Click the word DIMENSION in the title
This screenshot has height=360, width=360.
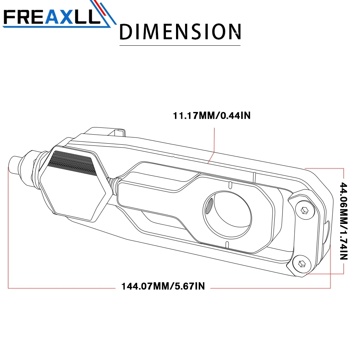(x=180, y=32)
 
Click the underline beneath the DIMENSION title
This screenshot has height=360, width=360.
(x=180, y=45)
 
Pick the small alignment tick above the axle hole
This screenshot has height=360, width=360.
(x=229, y=185)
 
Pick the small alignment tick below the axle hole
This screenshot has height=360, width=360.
(x=226, y=245)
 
